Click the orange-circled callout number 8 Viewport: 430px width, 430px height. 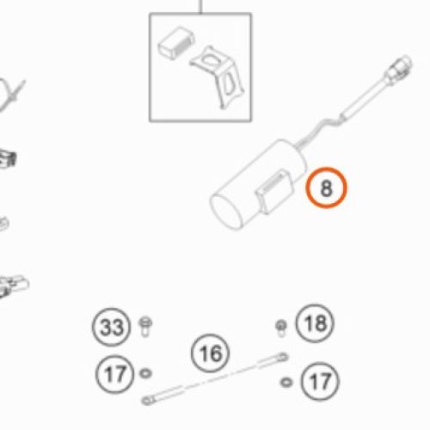click(326, 187)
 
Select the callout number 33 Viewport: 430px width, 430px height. click(112, 327)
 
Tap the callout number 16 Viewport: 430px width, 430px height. click(210, 353)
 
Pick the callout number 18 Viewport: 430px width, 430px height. click(315, 323)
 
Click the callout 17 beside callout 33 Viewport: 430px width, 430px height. click(115, 374)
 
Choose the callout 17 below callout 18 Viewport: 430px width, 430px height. click(320, 381)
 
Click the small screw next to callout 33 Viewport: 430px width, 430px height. click(145, 327)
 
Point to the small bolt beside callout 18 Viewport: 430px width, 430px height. click(281, 329)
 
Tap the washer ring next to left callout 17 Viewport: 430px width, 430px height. click(145, 373)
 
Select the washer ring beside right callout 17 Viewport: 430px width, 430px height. click(286, 382)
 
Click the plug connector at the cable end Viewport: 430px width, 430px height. click(400, 68)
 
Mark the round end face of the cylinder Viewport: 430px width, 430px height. click(226, 212)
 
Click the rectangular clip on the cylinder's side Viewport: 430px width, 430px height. click(274, 192)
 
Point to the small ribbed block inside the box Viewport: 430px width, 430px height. click(175, 43)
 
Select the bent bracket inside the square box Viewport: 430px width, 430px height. click(218, 76)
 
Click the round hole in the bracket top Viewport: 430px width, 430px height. click(211, 60)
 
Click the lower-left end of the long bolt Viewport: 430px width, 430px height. click(147, 400)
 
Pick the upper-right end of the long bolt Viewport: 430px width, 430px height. click(283, 357)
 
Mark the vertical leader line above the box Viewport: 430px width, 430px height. click(200, 6)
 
